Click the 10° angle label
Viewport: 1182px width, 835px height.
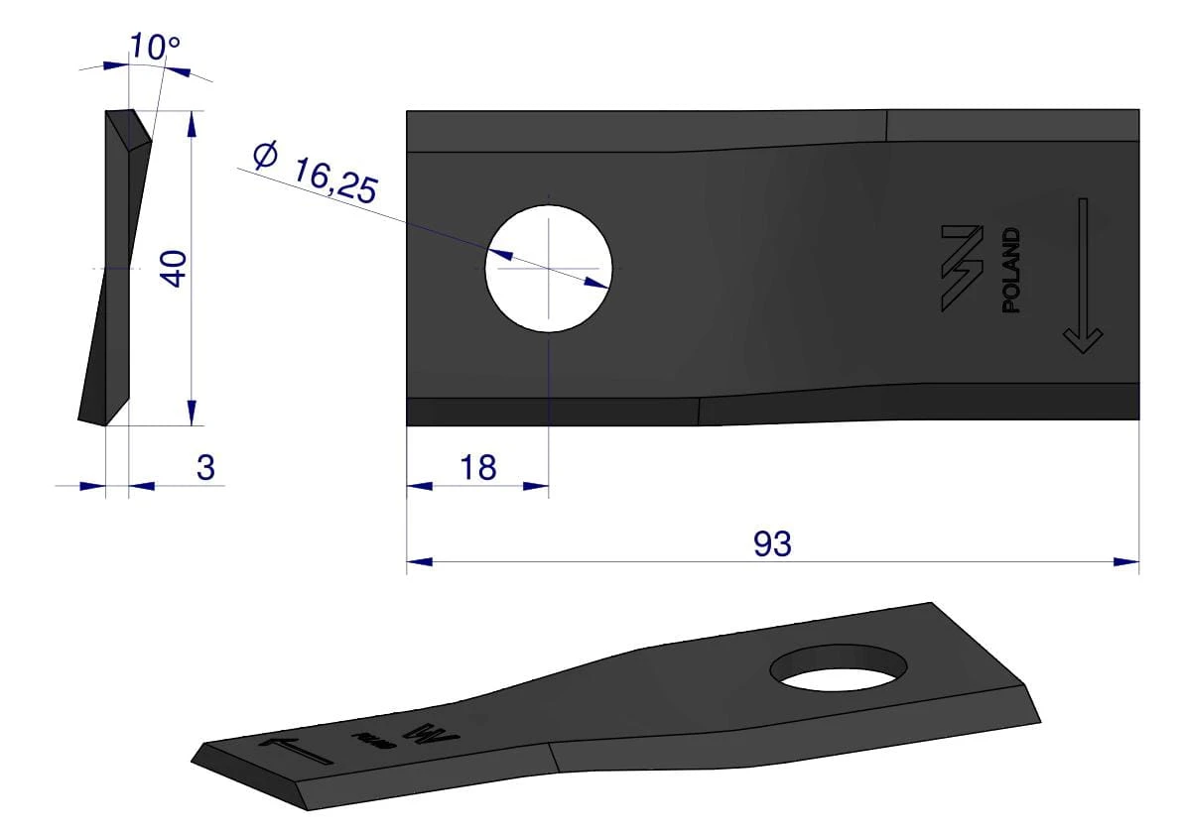155,47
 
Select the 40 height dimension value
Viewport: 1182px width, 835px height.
174,269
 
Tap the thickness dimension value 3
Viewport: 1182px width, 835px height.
205,467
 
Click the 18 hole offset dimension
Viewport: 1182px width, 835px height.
478,467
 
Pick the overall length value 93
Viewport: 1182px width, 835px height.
772,543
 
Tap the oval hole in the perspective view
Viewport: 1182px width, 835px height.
839,667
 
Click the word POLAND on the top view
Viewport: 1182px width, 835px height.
1011,270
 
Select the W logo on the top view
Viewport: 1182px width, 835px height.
962,268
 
